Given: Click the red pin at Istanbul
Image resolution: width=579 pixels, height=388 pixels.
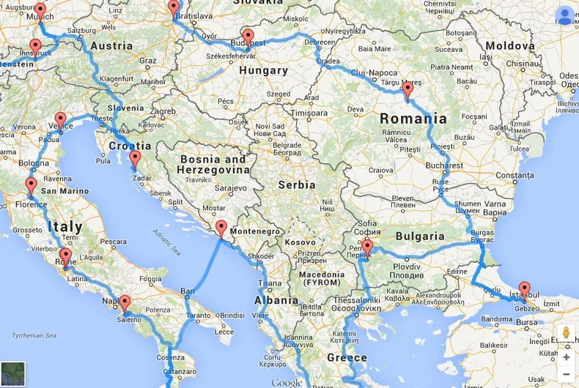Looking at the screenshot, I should click(x=524, y=288).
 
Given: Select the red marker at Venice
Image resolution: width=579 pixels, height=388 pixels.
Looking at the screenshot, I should click(x=61, y=119).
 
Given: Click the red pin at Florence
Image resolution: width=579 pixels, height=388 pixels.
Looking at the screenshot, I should click(x=32, y=184).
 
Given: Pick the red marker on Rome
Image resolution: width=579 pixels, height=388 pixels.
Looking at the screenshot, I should click(x=66, y=255).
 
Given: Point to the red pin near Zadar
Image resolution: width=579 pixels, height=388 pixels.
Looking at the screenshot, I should click(x=135, y=157).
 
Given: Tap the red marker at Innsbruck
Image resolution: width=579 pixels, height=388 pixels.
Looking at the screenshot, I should click(x=35, y=46).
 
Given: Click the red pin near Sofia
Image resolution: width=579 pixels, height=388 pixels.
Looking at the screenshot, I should click(x=367, y=246).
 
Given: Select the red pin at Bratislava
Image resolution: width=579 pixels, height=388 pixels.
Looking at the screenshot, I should click(x=174, y=7).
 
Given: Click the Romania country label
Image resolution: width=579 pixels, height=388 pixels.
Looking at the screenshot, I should click(x=413, y=118).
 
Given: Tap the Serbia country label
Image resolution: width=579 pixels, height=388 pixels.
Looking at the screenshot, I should click(x=297, y=184).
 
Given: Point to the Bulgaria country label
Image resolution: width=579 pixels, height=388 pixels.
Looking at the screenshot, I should click(x=420, y=236).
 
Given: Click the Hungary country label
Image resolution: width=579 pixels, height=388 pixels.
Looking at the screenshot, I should click(x=263, y=70).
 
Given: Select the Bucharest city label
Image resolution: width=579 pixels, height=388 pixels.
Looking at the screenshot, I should click(x=444, y=165).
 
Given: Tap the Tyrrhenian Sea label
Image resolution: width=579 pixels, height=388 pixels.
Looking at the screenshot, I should click(x=30, y=335).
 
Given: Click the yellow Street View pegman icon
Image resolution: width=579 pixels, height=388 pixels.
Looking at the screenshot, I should click(x=566, y=333).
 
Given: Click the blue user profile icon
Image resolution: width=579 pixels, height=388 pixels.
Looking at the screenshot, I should click(x=565, y=15).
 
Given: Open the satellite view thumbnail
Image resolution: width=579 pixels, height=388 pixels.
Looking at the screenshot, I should click(x=13, y=373).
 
